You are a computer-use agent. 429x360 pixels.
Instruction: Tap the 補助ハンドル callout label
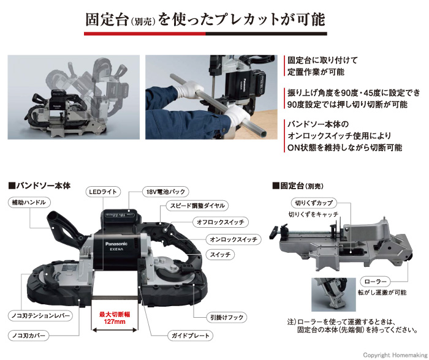coord(28,202)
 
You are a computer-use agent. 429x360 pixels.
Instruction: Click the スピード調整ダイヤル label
coord(188,206)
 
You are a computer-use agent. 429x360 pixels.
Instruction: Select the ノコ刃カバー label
coord(29,336)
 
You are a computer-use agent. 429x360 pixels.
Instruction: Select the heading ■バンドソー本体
coord(40,184)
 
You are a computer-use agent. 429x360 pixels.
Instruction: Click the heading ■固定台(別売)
coord(302,184)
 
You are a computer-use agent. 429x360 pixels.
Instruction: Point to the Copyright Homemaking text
coord(393,354)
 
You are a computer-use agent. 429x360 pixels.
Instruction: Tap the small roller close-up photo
coord(333,295)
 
